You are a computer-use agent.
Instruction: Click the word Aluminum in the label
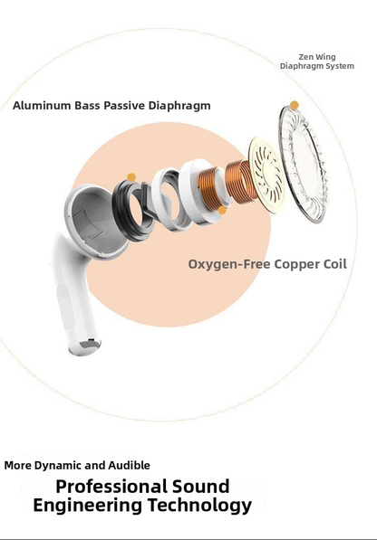tap(42, 106)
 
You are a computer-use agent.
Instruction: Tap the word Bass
tap(87, 106)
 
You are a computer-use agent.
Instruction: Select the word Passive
tap(124, 106)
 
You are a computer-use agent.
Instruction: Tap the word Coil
tap(335, 264)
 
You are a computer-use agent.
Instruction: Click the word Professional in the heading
tap(111, 488)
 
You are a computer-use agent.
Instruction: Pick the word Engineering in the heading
tap(88, 506)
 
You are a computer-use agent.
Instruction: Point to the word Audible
tap(129, 466)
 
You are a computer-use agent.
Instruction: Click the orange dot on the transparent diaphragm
tap(295, 105)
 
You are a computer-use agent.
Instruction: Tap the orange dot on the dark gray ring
tap(131, 177)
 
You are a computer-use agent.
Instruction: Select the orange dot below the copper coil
tap(222, 210)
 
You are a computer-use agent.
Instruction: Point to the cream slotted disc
tap(266, 174)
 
